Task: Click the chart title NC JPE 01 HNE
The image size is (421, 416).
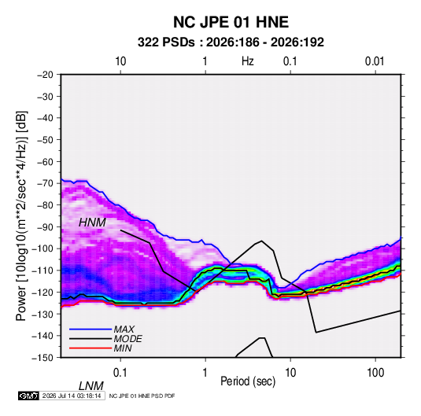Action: [231, 22]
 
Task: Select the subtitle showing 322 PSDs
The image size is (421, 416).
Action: [231, 42]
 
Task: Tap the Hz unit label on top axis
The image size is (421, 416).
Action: [248, 61]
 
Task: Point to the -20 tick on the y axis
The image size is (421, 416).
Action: [45, 75]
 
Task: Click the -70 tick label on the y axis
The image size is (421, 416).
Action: [45, 183]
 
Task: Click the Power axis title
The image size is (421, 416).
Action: [21, 215]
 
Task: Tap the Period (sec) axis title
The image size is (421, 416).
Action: [248, 381]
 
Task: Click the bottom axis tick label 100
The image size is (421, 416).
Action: [375, 373]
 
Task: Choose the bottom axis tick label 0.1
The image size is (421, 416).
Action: [120, 373]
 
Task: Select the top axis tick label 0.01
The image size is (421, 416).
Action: [375, 61]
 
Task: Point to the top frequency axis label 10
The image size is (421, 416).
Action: [120, 61]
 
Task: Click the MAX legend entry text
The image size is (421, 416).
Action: [124, 329]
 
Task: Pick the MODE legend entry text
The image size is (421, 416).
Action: [127, 339]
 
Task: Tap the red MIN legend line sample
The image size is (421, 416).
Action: [90, 348]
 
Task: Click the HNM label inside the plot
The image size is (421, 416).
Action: [92, 223]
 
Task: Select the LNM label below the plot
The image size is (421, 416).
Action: [91, 386]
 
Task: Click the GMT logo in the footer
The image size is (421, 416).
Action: [28, 396]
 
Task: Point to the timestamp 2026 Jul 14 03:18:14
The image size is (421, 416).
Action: [72, 396]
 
